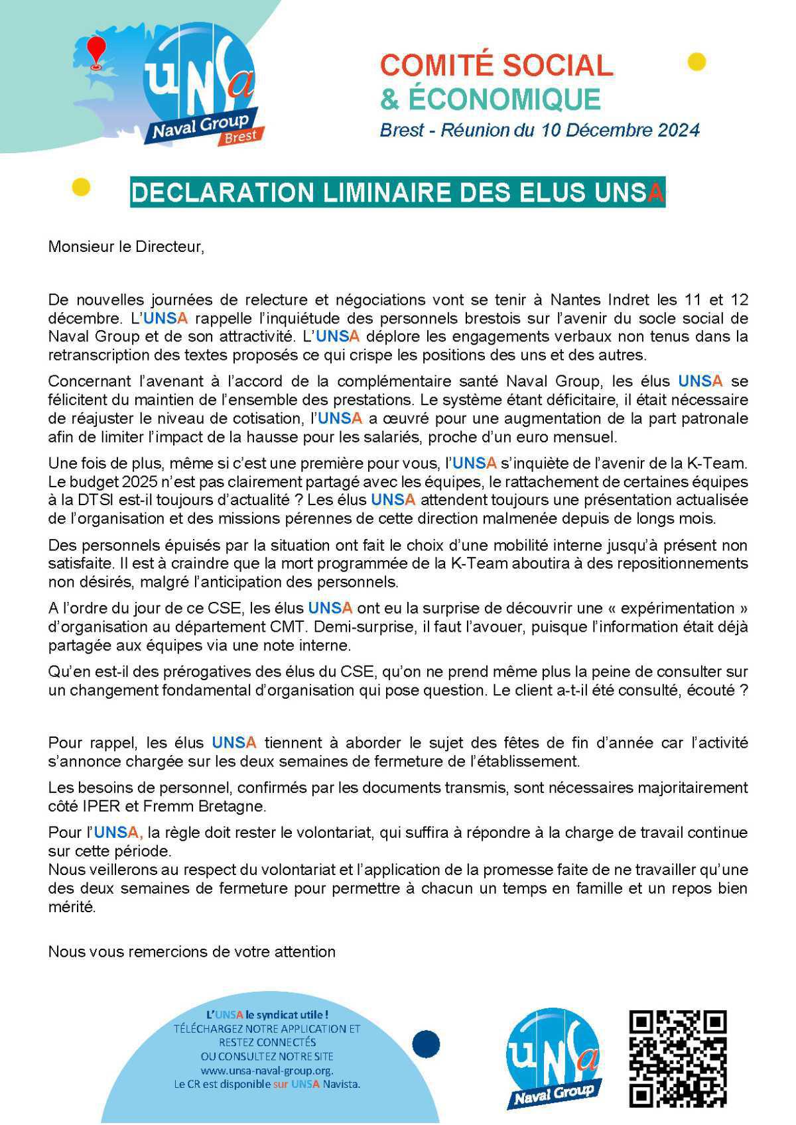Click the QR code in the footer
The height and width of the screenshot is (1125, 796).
[x=677, y=1058]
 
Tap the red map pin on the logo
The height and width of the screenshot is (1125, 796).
[x=97, y=51]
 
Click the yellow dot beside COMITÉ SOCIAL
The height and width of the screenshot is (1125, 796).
[x=696, y=62]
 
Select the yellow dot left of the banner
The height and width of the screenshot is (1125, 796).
[x=80, y=188]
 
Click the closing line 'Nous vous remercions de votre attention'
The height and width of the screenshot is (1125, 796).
[x=192, y=951]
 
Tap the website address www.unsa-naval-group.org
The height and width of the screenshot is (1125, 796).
[x=267, y=1071]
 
